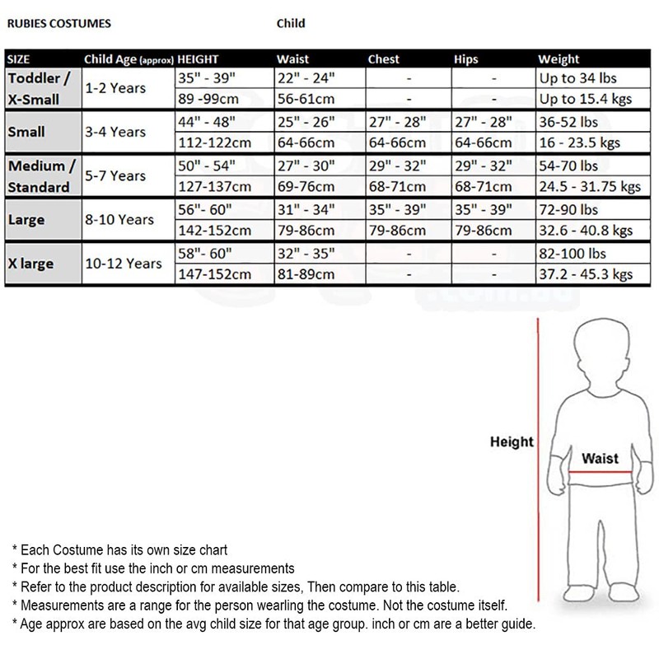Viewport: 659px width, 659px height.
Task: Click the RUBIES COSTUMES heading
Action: (58, 24)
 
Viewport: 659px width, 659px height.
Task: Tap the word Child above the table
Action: (291, 24)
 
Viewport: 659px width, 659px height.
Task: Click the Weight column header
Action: (559, 59)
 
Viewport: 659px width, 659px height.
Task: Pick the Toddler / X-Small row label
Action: (40, 88)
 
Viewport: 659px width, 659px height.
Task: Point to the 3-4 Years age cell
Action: (115, 132)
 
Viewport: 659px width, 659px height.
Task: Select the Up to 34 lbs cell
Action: (577, 79)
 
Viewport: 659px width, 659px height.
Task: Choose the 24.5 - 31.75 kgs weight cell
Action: (589, 186)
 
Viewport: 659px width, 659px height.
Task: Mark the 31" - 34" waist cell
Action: (306, 210)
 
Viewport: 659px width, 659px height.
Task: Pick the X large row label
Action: (31, 264)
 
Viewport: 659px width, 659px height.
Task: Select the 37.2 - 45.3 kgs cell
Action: (585, 273)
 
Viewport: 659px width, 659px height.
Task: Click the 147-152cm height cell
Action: (215, 273)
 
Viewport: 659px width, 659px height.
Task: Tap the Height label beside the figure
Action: (512, 442)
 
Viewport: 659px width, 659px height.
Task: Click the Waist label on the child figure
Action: (600, 458)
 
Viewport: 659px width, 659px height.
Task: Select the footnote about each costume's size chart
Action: (119, 549)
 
